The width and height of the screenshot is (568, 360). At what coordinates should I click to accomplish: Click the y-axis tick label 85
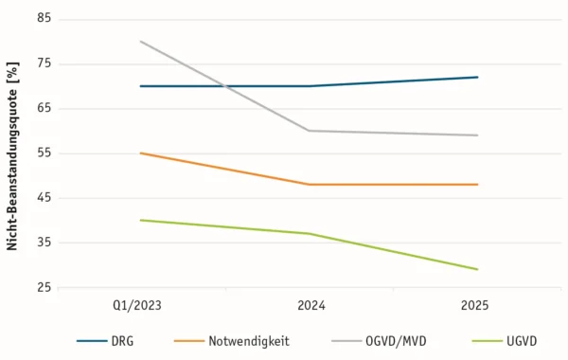point(44,18)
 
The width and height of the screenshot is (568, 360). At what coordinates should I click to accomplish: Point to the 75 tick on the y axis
point(44,63)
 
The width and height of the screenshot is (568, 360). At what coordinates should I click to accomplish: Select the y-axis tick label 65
point(44,108)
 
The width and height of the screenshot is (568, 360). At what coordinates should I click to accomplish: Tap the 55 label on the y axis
point(44,153)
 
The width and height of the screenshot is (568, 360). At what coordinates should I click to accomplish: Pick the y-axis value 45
point(44,198)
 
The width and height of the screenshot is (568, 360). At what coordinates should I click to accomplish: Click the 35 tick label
point(44,243)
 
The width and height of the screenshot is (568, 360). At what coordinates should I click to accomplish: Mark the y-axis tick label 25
point(44,287)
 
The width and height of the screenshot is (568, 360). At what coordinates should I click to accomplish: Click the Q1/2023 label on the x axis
point(137,306)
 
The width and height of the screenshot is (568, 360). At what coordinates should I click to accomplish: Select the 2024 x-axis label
point(311,306)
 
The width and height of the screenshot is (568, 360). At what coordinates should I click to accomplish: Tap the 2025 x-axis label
point(474,306)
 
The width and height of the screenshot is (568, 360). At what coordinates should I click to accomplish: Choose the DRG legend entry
point(105,341)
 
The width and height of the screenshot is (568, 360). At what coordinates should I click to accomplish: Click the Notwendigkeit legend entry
point(232,341)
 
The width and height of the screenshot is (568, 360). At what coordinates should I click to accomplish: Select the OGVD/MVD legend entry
point(379,341)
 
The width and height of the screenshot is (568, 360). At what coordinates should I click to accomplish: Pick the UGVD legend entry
point(505,341)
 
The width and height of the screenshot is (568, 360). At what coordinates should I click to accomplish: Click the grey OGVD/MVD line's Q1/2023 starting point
point(140,42)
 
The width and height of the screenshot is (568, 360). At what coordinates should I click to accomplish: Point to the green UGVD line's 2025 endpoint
point(478,269)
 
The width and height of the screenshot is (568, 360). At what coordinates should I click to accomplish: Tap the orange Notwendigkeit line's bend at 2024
point(310,185)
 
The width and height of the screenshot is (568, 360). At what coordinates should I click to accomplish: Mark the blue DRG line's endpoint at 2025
point(478,77)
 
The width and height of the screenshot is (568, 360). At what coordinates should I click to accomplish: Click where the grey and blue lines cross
point(225,86)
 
